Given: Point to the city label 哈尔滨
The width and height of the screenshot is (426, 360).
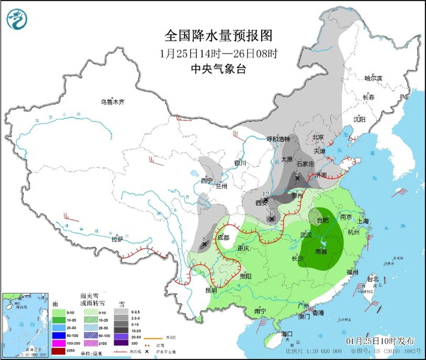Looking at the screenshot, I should (372, 78).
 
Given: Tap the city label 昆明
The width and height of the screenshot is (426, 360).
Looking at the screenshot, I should (211, 290).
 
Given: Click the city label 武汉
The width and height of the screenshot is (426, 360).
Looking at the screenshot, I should (306, 234).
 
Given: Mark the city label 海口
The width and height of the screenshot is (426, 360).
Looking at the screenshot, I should (287, 333).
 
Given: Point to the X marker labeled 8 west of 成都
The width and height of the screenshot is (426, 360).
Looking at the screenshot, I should (204, 244).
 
